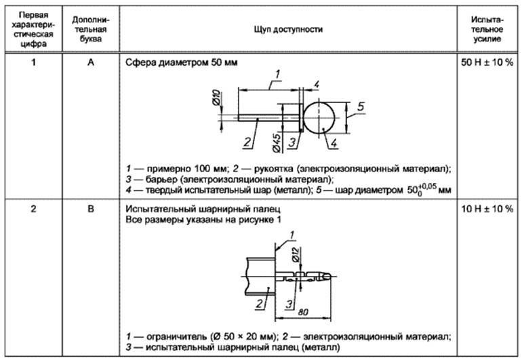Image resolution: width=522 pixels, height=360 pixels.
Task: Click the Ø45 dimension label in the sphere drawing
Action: [279, 141]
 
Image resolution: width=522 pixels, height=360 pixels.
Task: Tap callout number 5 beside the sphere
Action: [361, 106]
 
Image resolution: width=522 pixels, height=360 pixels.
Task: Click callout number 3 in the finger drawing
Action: [287, 302]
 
